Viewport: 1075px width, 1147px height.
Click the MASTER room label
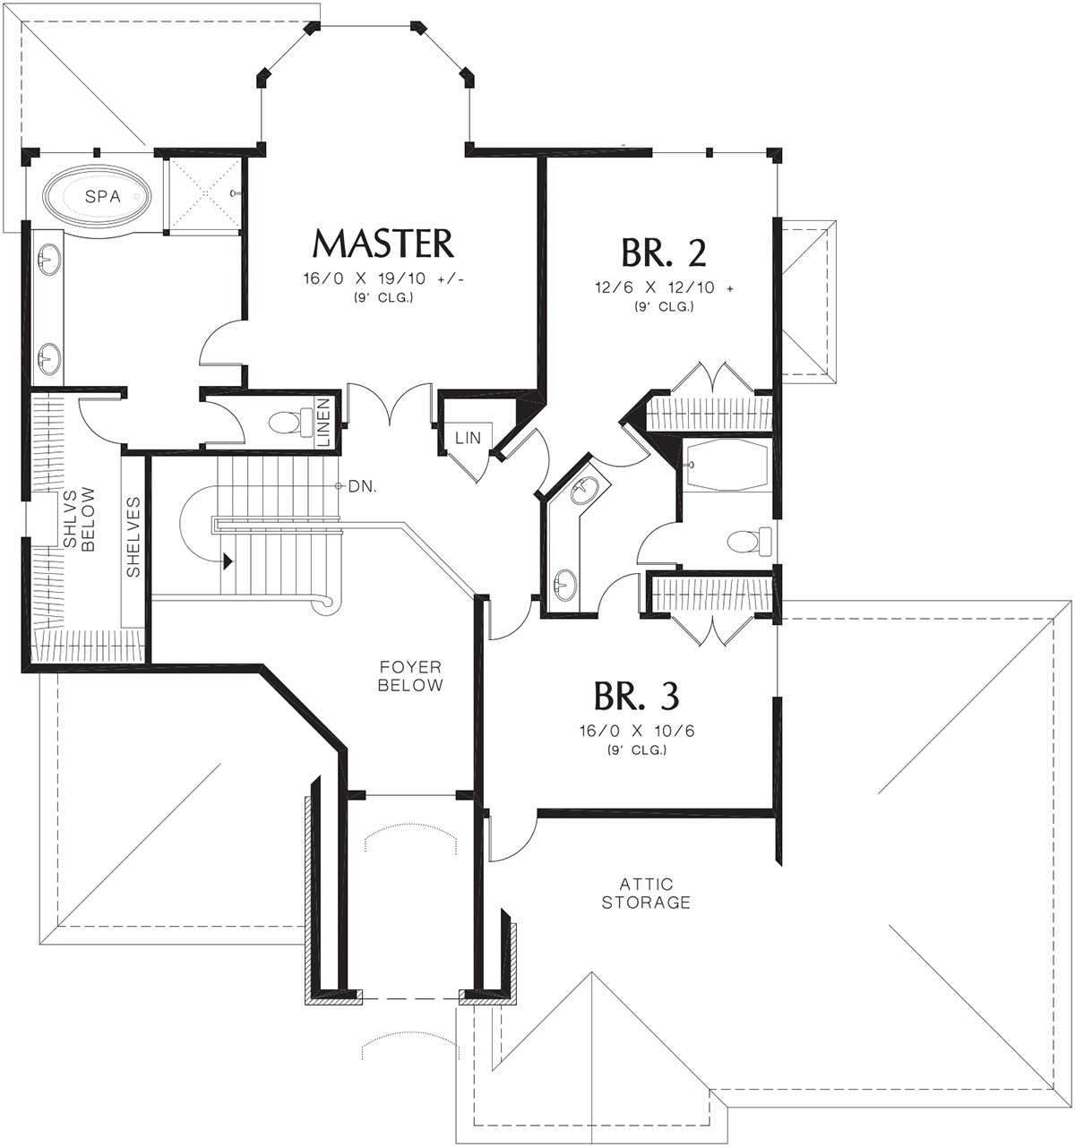tap(383, 244)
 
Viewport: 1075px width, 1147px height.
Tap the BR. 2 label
tap(664, 253)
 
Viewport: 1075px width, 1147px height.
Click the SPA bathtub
tap(99, 196)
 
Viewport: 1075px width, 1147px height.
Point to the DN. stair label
tap(363, 486)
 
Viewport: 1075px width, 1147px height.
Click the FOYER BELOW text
tap(410, 676)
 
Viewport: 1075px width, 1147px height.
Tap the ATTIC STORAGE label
tap(646, 893)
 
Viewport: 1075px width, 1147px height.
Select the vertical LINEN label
tap(323, 423)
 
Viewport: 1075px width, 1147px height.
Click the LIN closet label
tap(468, 439)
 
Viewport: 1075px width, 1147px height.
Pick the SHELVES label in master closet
tap(133, 536)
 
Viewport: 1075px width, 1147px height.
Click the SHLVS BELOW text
tap(79, 518)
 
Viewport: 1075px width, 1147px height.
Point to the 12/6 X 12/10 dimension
tap(664, 287)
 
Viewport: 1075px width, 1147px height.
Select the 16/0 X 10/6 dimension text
tap(637, 731)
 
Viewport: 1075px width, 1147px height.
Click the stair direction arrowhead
tap(228, 561)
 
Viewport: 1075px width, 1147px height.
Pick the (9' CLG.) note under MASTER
tap(383, 298)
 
